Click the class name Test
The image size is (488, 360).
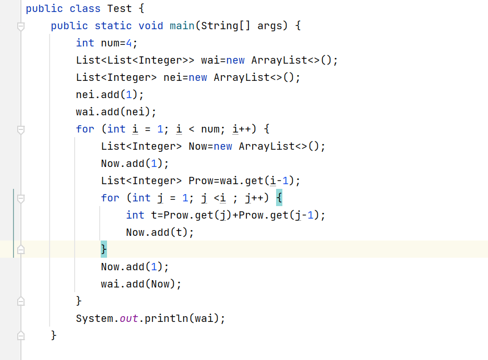click(x=120, y=8)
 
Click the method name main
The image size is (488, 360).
click(x=182, y=26)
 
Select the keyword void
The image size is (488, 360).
click(x=150, y=26)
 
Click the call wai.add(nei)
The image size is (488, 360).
click(x=116, y=112)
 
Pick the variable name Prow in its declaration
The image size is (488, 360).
click(x=200, y=181)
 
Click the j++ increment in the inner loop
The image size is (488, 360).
click(x=260, y=198)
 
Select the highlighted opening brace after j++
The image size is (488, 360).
click(x=279, y=198)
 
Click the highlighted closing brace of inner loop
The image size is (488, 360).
click(x=103, y=249)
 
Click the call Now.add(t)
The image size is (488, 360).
click(x=160, y=232)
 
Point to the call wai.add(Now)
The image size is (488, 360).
click(x=141, y=284)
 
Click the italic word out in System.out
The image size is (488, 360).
click(x=129, y=318)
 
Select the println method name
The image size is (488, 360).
click(x=166, y=318)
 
